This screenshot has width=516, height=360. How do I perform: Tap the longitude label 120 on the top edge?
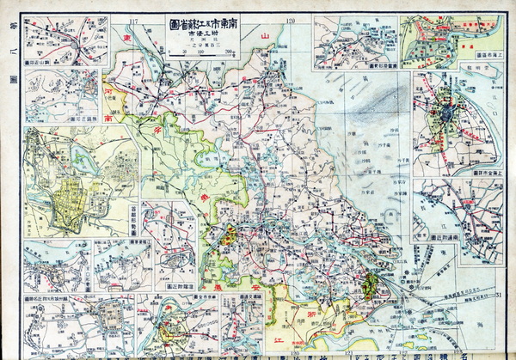point(291,19)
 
